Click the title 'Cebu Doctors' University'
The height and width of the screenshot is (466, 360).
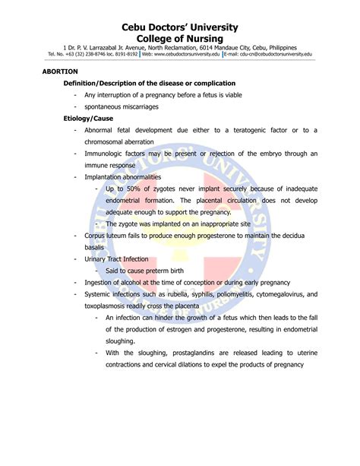point(180,27)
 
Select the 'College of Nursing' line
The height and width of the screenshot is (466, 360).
point(180,38)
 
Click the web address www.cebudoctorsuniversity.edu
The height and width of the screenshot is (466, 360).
point(187,55)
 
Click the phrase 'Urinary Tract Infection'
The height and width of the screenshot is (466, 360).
point(116,259)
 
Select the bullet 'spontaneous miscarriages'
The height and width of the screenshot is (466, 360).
point(122,106)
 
